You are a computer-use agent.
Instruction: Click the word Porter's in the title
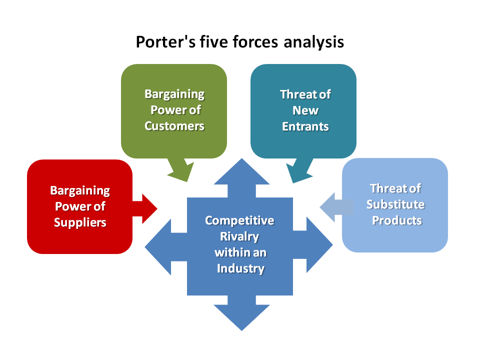165,41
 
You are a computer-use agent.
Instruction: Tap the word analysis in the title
314,42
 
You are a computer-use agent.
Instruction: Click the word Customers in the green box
174,126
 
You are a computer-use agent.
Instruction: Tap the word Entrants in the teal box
305,126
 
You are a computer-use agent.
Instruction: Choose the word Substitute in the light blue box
395,204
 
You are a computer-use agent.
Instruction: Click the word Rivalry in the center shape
239,236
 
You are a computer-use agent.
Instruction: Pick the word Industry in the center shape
240,268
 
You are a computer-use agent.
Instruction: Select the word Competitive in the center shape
239,220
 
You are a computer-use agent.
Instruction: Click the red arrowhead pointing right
149,209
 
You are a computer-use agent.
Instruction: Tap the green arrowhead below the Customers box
180,172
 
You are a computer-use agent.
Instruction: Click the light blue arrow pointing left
336,207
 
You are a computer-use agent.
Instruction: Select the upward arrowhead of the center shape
242,171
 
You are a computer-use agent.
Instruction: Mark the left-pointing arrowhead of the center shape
158,246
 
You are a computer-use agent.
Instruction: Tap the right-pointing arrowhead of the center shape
319,245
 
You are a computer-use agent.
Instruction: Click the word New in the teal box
305,110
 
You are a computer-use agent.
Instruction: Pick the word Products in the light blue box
396,220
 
